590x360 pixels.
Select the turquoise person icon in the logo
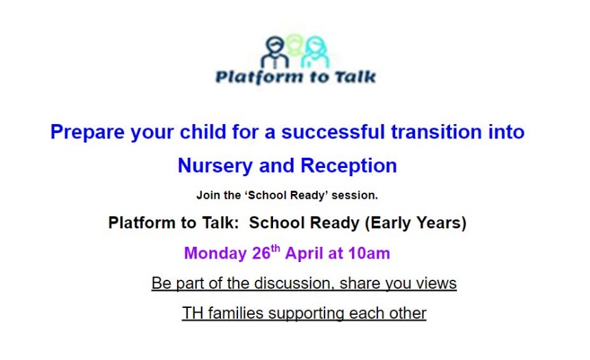(316, 52)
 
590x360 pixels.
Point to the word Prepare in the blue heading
(87, 132)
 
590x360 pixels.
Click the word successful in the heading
(333, 132)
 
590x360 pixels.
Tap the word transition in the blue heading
(436, 132)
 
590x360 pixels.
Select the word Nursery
(215, 166)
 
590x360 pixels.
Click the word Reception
(349, 166)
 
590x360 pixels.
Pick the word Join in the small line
(209, 195)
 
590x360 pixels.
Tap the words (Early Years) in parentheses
(416, 223)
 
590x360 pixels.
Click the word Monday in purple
(215, 253)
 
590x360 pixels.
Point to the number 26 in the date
(261, 253)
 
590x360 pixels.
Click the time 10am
(369, 253)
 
